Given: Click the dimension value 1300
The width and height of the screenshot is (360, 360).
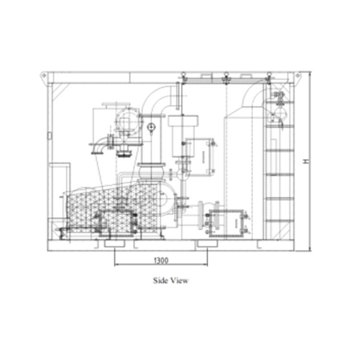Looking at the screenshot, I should [x=161, y=261].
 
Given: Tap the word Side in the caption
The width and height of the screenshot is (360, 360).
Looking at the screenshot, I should [x=159, y=281].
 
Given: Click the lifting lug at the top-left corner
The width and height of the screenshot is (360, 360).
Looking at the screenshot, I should [x=44, y=76].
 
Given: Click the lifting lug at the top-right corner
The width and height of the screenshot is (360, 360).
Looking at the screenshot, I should [x=298, y=76].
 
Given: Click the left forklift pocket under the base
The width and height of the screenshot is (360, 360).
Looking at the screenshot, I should [x=114, y=244].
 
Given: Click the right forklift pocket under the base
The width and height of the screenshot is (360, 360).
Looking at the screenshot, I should [x=207, y=244].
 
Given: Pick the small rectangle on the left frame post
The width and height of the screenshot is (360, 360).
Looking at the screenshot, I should [x=48, y=136].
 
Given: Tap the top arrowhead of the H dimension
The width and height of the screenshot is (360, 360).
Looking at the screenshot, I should [x=311, y=73].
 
